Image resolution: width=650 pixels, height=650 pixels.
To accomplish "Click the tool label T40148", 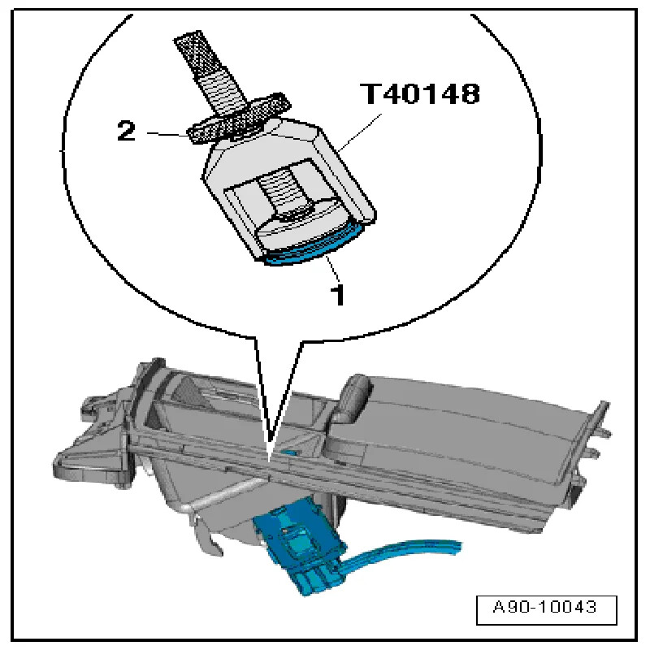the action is pyautogui.click(x=421, y=93).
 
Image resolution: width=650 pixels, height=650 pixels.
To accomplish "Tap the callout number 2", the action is pyautogui.click(x=127, y=131).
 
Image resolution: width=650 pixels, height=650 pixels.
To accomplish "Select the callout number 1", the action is pyautogui.click(x=339, y=295).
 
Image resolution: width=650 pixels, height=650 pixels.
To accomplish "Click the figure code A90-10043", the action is pyautogui.click(x=545, y=607).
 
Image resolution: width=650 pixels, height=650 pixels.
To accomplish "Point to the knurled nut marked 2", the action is pyautogui.click(x=238, y=118).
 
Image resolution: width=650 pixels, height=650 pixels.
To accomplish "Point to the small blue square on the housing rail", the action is pyautogui.click(x=290, y=451).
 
